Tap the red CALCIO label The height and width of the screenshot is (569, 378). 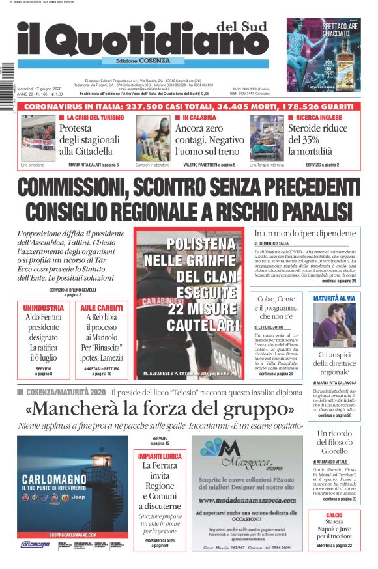click(334, 515)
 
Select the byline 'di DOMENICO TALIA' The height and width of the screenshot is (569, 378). click(276, 243)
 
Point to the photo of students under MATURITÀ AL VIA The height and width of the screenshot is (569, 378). click(334, 324)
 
